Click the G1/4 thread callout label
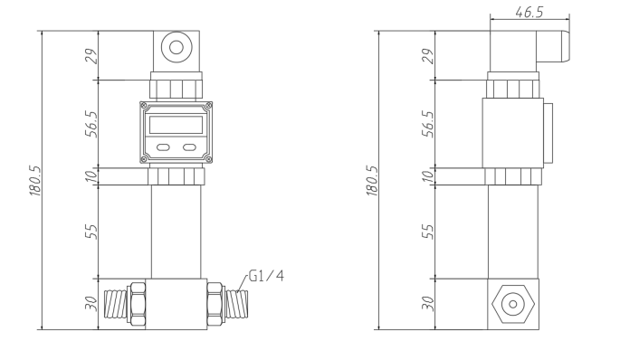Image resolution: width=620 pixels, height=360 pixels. [x=266, y=276]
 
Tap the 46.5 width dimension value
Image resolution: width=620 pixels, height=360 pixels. [x=529, y=13]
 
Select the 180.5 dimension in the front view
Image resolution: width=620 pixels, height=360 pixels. [x=35, y=180]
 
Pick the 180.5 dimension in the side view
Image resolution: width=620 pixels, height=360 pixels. [x=372, y=180]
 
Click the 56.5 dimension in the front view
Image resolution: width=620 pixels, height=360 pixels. [x=91, y=124]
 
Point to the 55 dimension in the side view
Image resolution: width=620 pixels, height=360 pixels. [x=428, y=232]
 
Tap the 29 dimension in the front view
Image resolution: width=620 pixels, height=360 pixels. [x=91, y=56]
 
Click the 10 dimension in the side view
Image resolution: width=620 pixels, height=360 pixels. [x=428, y=176]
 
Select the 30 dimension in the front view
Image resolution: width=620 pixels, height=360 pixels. [x=91, y=304]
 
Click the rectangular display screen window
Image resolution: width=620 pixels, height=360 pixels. [x=176, y=125]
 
